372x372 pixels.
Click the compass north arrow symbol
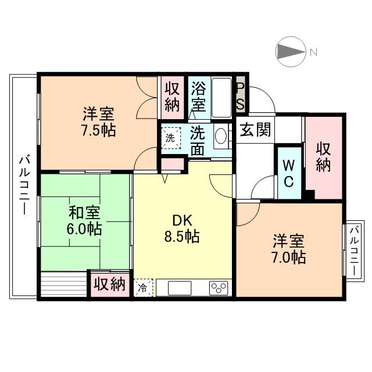(x=291, y=52)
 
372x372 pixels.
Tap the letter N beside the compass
(x=314, y=52)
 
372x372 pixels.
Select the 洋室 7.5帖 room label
(x=99, y=122)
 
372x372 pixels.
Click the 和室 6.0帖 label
(x=84, y=221)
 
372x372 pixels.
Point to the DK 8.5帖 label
(x=182, y=228)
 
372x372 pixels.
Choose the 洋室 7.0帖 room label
(x=289, y=249)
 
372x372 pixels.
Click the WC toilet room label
(x=289, y=173)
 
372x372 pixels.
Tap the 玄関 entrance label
(x=255, y=130)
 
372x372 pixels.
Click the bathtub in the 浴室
(x=221, y=98)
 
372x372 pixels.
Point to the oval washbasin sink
(x=221, y=136)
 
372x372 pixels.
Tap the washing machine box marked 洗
(x=171, y=138)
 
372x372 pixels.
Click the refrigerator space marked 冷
(x=143, y=288)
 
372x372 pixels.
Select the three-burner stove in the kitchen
(x=219, y=288)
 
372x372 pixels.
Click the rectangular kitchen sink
(x=180, y=288)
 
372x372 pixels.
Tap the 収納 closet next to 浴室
(x=172, y=98)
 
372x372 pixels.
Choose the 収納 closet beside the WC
(x=324, y=158)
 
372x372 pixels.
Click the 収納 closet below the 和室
(x=110, y=285)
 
